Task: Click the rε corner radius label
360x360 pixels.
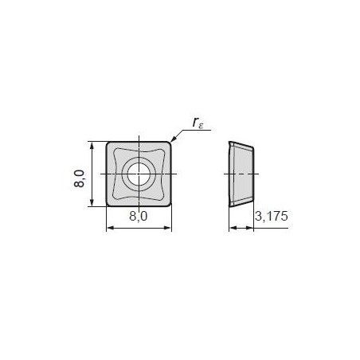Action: (x=198, y=123)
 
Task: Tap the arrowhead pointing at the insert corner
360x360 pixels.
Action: (x=173, y=139)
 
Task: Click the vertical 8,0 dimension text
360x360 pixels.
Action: (x=79, y=178)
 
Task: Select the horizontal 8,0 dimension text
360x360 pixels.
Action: (x=138, y=217)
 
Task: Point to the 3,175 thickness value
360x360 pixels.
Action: (x=272, y=216)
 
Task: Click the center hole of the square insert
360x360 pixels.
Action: (x=139, y=174)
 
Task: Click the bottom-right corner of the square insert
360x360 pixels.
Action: (x=169, y=205)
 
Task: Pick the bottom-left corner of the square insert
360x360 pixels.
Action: (x=108, y=205)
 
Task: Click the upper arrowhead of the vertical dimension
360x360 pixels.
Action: (x=92, y=145)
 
